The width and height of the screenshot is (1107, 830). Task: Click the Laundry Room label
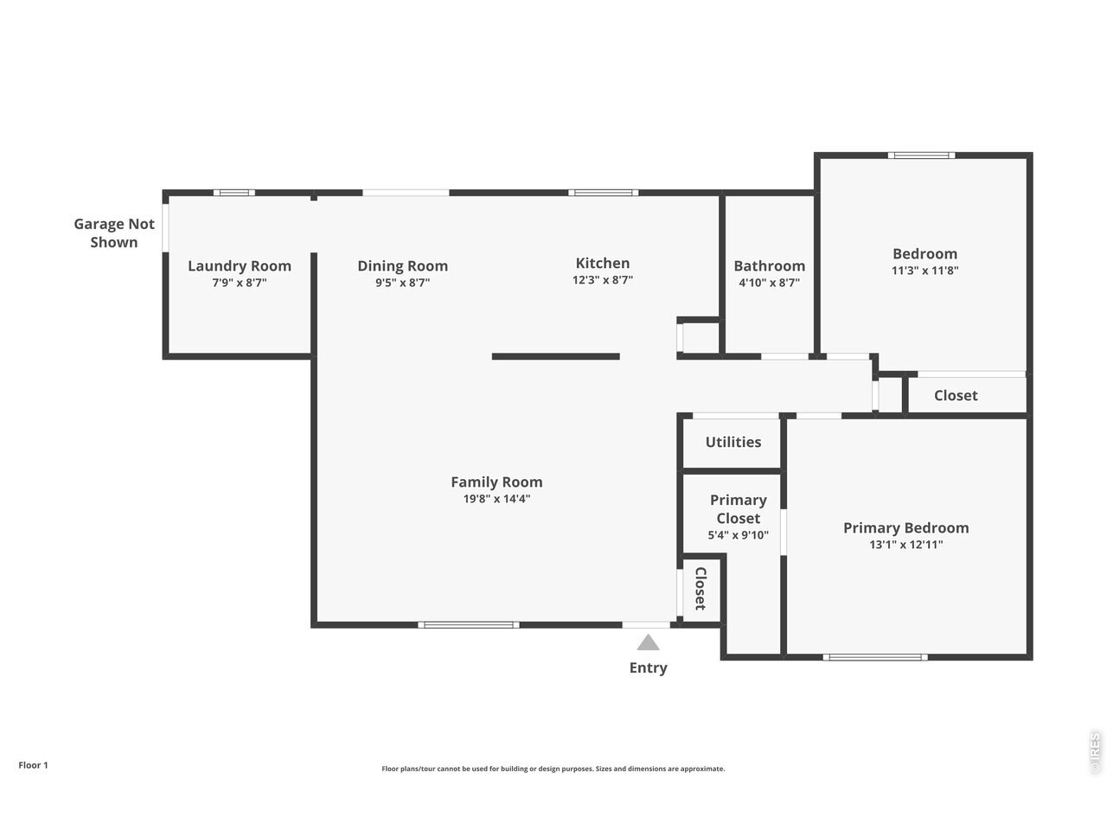240,265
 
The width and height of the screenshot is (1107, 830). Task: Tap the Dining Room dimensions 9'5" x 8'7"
402,282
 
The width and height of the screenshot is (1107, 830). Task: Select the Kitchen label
603,263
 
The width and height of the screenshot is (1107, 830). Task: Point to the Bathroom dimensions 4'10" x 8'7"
769,282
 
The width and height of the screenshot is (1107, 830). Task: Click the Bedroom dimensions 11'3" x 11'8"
925,270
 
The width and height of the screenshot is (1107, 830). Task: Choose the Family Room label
496,482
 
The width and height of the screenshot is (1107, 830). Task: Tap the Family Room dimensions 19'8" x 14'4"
496,499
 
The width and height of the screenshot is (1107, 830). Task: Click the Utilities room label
733,442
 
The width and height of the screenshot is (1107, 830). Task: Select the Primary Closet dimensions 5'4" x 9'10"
738,534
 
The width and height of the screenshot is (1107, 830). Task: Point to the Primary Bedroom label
905,527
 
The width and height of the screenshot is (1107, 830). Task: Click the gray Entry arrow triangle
648,643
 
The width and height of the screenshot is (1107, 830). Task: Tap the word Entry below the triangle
648,667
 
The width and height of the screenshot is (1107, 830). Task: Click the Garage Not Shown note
114,233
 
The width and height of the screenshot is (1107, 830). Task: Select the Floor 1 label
33,765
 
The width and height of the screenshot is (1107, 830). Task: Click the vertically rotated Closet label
701,589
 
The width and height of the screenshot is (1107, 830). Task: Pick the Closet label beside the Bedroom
956,396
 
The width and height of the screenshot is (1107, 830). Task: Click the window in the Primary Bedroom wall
875,657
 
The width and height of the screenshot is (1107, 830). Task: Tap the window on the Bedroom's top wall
921,156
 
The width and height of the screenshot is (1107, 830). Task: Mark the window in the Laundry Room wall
234,193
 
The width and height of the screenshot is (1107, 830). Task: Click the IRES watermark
1095,753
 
